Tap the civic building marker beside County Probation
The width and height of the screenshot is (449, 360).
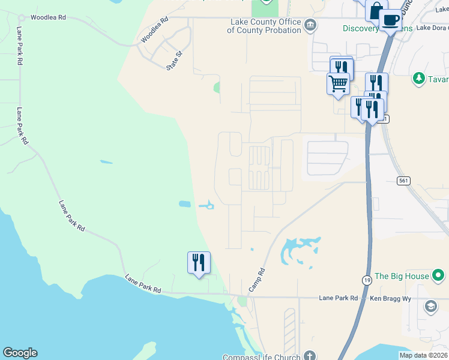coord(310,25)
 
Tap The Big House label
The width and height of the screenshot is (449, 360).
coord(402,276)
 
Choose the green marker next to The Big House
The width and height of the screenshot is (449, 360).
coord(439,276)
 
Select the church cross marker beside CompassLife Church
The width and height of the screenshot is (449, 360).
coord(310,355)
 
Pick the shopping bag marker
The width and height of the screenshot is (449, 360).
coord(375,10)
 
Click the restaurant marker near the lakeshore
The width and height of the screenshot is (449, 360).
coord(199,262)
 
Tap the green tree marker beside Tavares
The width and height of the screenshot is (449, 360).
coord(418,79)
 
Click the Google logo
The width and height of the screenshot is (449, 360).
coord(20,353)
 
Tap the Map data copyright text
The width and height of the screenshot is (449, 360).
coord(423,355)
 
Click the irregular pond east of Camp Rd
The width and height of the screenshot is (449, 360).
coord(297,251)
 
